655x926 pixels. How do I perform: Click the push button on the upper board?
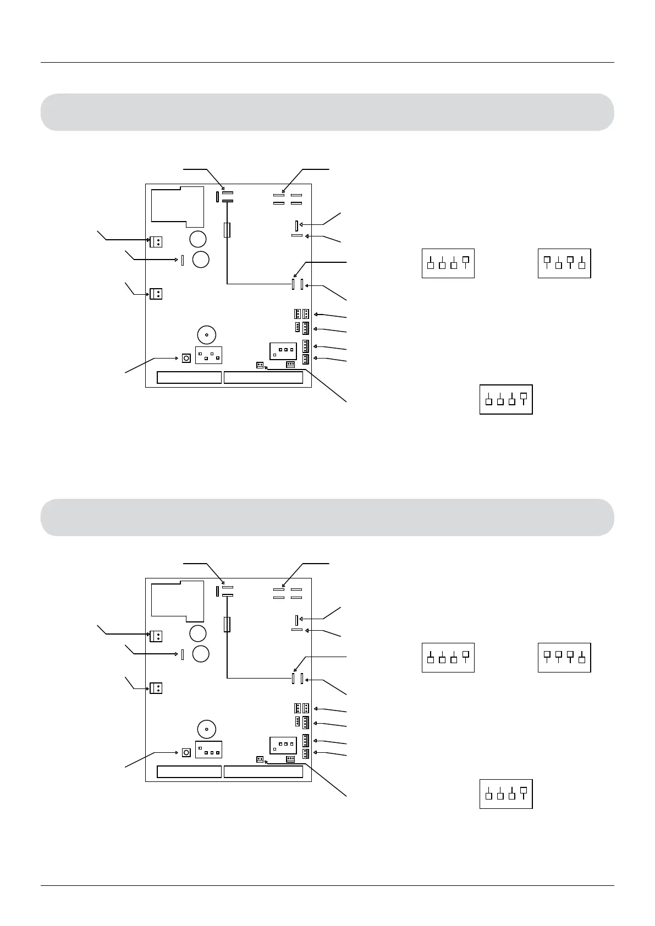[186, 358]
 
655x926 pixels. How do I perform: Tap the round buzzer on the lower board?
[206, 729]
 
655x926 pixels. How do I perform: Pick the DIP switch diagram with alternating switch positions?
[564, 263]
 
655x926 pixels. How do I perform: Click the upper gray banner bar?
[327, 112]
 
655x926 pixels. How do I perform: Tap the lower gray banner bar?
[327, 517]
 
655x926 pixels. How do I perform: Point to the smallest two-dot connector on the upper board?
[260, 365]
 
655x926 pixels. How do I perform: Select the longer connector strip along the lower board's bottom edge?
[263, 771]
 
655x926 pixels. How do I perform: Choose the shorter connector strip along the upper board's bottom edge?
[189, 377]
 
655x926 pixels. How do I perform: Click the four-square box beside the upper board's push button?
[208, 355]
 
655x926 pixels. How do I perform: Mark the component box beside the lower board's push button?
[208, 749]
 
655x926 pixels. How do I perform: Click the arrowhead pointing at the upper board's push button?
[177, 358]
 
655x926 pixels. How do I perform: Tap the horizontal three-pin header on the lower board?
[290, 759]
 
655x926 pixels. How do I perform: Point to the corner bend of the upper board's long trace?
[227, 284]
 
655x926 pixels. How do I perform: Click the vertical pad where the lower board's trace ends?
[293, 679]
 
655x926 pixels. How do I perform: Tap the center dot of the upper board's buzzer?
[206, 335]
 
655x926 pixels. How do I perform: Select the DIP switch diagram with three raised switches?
[564, 657]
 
